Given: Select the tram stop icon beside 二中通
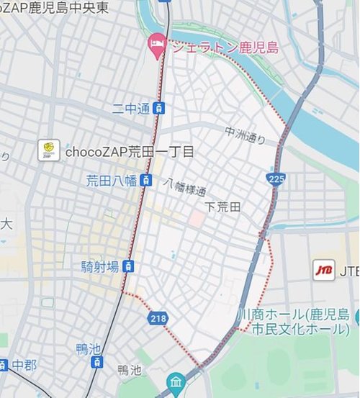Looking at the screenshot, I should tap(159, 109).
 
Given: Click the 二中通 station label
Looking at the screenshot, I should tap(131, 109).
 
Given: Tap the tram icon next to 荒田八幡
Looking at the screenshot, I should tap(145, 180).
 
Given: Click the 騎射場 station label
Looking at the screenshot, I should tap(100, 267).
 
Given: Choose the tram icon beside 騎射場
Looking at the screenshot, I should tap(127, 267).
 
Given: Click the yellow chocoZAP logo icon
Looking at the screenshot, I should tap(49, 151).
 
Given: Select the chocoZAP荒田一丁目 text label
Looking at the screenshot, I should tap(130, 152).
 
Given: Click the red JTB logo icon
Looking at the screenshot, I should tap(321, 271).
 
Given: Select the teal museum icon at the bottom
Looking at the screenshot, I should tap(174, 381).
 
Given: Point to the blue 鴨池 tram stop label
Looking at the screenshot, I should tap(88, 349).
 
